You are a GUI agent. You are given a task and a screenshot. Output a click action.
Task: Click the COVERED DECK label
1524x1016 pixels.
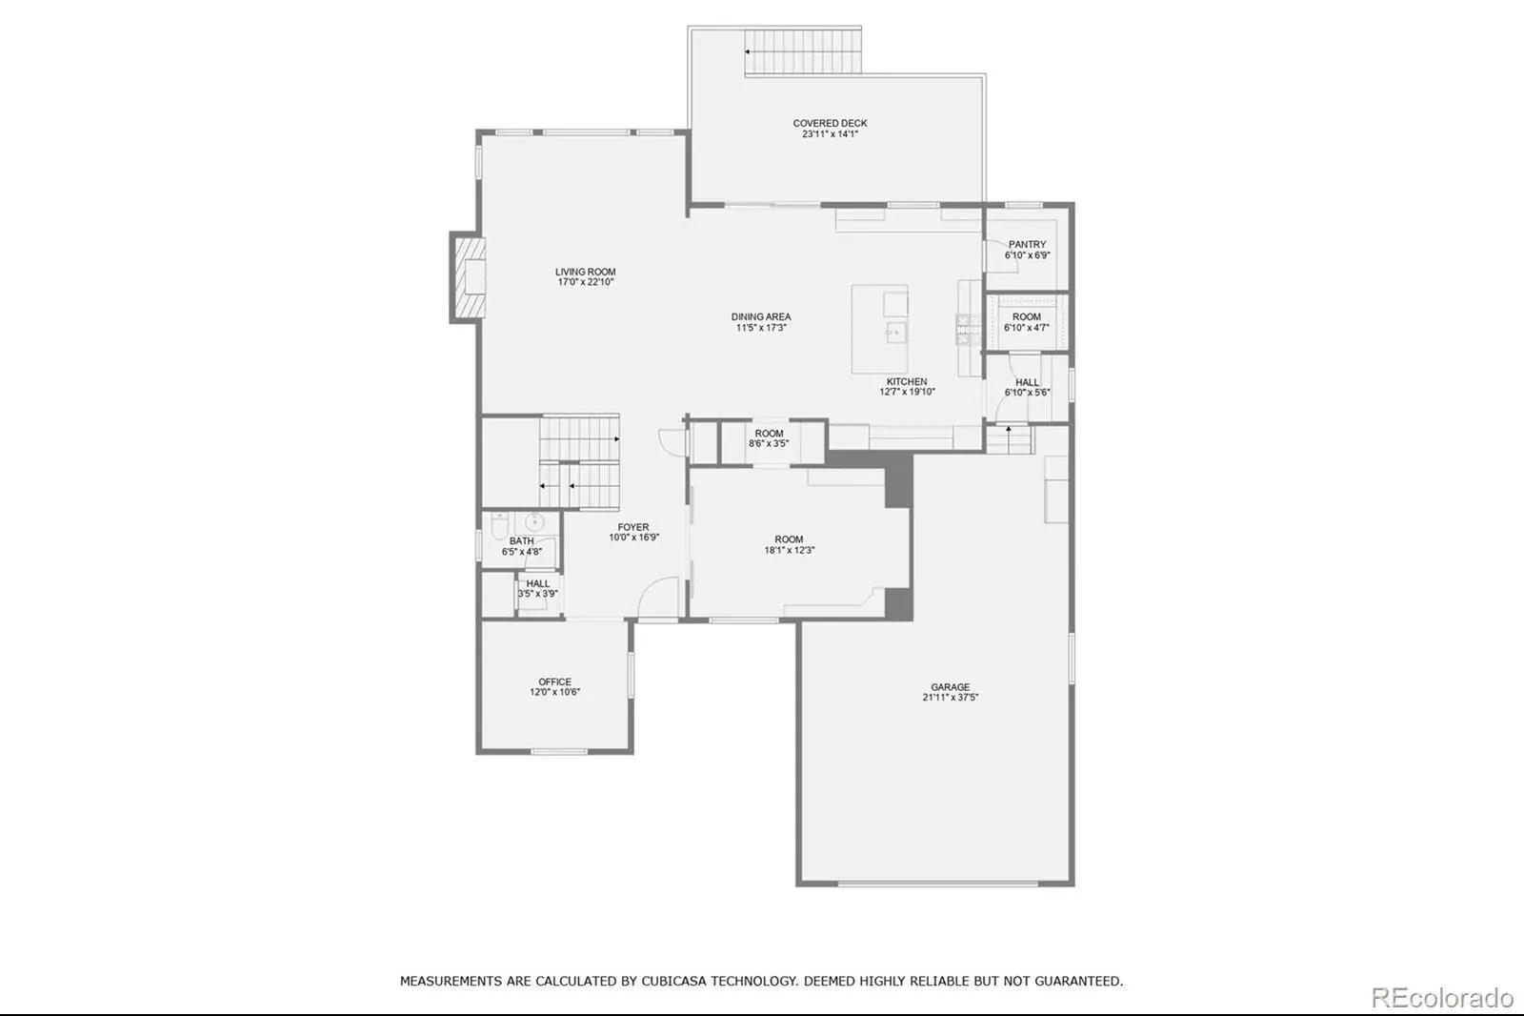[830, 123]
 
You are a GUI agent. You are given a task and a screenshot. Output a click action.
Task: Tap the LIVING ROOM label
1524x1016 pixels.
[585, 272]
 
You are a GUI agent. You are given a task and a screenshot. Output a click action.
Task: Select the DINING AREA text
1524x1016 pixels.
[761, 316]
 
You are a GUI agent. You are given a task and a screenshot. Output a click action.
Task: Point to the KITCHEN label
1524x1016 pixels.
[907, 381]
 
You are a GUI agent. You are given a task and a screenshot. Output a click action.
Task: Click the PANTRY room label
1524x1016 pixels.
[1028, 244]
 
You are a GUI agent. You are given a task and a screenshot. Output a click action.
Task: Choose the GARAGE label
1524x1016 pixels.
[951, 687]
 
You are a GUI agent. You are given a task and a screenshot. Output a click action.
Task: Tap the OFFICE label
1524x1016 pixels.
[555, 681]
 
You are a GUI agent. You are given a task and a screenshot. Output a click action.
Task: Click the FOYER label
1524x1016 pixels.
[633, 527]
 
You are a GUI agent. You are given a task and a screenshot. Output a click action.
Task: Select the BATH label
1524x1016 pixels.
[522, 541]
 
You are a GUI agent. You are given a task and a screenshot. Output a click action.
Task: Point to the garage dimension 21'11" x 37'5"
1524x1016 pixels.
[951, 698]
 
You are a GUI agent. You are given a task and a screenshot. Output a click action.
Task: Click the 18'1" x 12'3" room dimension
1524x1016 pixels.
[790, 550]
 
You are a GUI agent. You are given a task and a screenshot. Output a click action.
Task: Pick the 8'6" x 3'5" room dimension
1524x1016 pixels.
[769, 443]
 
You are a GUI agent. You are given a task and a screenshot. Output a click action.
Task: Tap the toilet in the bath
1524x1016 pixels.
[500, 525]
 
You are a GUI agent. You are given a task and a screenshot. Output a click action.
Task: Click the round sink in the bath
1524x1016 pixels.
[534, 522]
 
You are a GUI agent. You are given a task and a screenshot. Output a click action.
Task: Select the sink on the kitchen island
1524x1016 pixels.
[895, 333]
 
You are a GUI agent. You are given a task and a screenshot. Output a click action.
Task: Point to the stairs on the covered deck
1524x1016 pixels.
[803, 51]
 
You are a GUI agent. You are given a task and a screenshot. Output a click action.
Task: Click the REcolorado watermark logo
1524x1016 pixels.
[1443, 998]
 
